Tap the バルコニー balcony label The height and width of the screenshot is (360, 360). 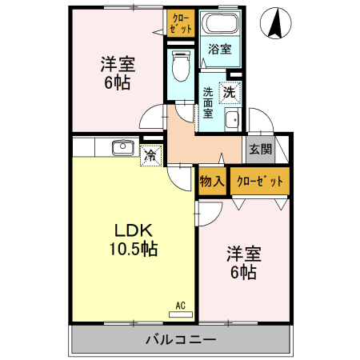tap(181, 339)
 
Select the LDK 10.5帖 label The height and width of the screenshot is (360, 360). tap(133, 238)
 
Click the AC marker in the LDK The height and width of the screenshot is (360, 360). tap(181, 304)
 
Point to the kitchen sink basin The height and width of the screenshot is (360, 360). tap(122, 148)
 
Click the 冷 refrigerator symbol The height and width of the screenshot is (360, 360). tap(149, 155)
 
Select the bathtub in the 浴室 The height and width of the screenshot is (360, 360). tap(218, 25)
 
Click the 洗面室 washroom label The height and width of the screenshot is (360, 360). tap(208, 102)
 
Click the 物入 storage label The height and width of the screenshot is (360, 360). tap(211, 182)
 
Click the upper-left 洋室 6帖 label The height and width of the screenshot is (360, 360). tap(116, 71)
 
